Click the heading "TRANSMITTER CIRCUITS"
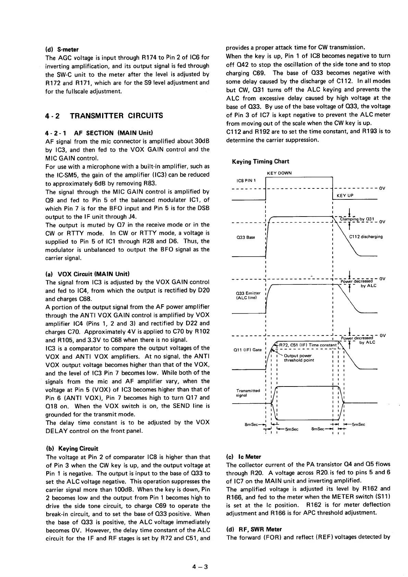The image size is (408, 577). point(116,115)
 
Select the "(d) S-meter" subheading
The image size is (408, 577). point(62,49)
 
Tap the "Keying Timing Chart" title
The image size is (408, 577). point(260,161)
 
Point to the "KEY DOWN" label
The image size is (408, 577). point(279,173)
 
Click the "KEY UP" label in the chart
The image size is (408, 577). point(345,195)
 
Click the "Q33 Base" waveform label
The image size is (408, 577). point(246,237)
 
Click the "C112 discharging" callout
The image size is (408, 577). point(366,236)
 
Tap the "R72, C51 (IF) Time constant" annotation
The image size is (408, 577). point(308,345)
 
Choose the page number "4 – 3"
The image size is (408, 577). point(200,566)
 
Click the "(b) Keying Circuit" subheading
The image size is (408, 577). point(72,449)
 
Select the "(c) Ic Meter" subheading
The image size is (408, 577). point(244,457)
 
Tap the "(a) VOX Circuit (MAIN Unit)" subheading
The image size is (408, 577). point(87,274)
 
